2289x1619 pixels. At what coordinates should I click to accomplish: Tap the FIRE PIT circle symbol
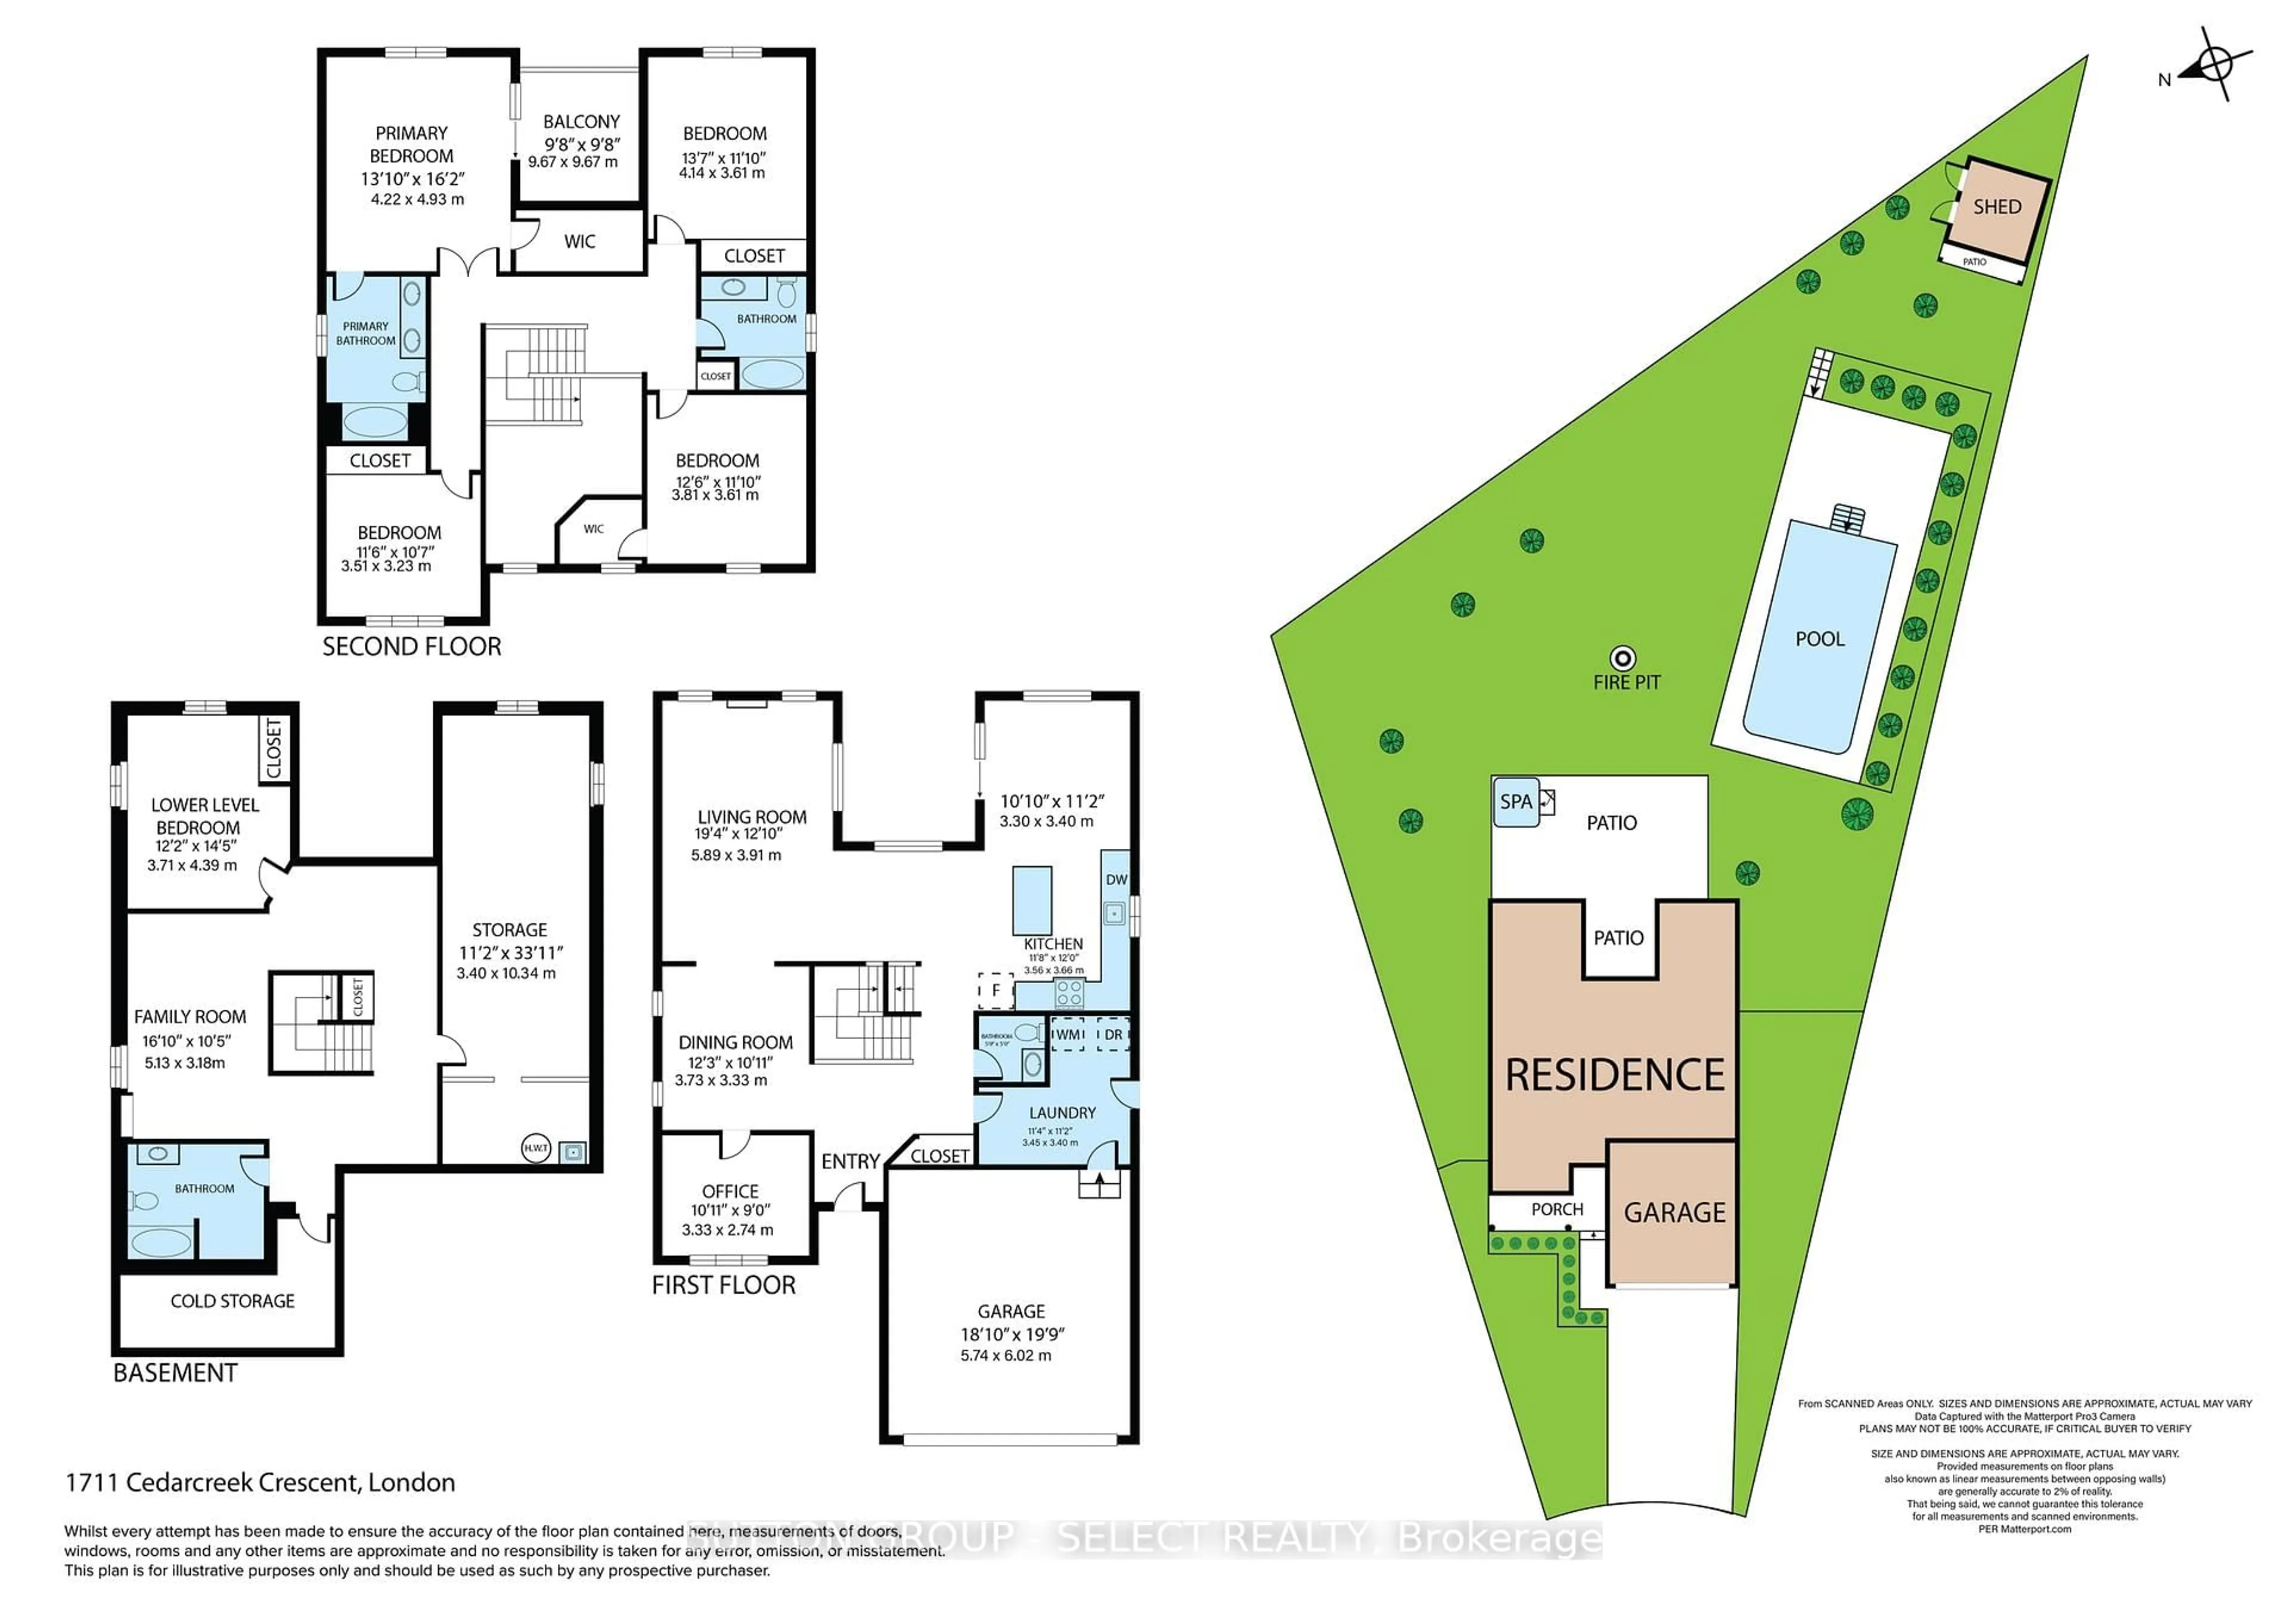coord(1623,658)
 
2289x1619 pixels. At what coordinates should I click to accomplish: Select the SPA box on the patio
coord(1515,802)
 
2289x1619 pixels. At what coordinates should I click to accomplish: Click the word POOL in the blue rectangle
coord(1819,639)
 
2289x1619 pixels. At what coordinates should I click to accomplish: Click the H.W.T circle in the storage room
coord(535,1149)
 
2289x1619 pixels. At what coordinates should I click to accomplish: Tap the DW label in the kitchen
coord(1115,879)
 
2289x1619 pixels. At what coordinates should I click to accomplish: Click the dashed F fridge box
coord(995,991)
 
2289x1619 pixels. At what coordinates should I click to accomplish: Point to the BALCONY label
coord(581,122)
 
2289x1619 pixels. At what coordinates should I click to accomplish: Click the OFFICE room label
coord(730,1192)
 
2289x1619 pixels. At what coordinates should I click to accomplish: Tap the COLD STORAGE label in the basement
coord(232,1301)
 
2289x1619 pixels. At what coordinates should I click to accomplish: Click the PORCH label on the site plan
coord(1556,1209)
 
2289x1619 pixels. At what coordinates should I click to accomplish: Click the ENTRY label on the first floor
coord(849,1161)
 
